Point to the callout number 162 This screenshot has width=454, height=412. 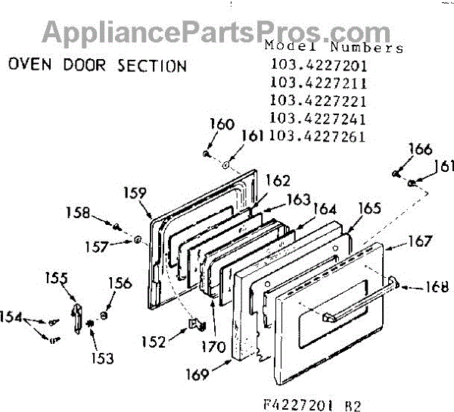[x=277, y=181]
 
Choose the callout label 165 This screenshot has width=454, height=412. [x=369, y=207]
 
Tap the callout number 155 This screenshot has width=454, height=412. [x=56, y=278]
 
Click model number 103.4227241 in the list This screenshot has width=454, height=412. [x=317, y=119]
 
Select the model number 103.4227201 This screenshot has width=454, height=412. [x=317, y=64]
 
